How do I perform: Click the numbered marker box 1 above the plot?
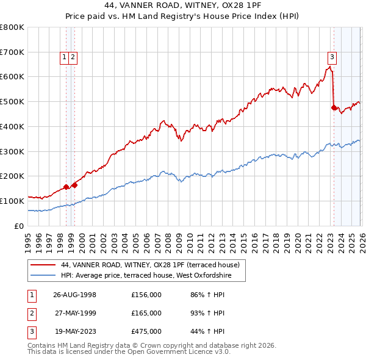(x=64, y=57)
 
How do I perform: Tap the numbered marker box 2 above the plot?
(x=73, y=57)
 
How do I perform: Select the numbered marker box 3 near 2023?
(x=332, y=57)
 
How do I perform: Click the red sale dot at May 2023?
(x=334, y=107)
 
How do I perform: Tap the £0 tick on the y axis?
(x=20, y=226)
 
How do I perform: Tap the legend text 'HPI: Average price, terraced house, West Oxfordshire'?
(x=152, y=275)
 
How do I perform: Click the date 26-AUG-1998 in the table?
(x=74, y=294)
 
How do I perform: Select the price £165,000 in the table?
(x=146, y=313)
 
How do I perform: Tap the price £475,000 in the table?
(x=146, y=332)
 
